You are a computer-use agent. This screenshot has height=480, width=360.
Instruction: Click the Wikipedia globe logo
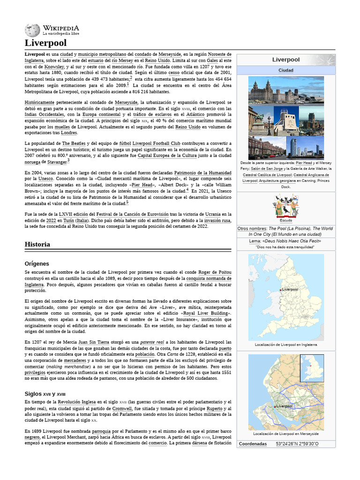(x=32, y=30)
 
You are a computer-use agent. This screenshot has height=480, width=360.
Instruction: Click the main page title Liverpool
(x=45, y=43)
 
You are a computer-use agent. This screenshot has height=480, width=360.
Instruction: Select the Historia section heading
(x=37, y=245)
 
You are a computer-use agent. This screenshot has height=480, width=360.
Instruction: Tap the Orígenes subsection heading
(x=37, y=263)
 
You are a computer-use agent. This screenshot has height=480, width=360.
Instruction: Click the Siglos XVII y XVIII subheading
(x=45, y=394)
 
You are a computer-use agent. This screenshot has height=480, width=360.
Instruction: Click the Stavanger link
(x=56, y=162)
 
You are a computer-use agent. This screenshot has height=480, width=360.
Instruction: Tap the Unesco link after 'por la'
(x=46, y=179)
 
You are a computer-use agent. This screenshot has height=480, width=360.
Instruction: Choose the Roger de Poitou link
(x=215, y=272)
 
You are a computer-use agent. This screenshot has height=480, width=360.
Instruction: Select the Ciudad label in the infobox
(x=286, y=70)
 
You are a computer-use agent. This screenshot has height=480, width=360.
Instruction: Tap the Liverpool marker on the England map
(x=280, y=290)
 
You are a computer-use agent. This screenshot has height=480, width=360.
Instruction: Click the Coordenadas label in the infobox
(x=253, y=443)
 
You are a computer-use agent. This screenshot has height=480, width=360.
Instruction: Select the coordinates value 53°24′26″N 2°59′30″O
(x=297, y=443)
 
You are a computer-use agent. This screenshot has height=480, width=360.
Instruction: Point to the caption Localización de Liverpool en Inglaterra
(x=286, y=344)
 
